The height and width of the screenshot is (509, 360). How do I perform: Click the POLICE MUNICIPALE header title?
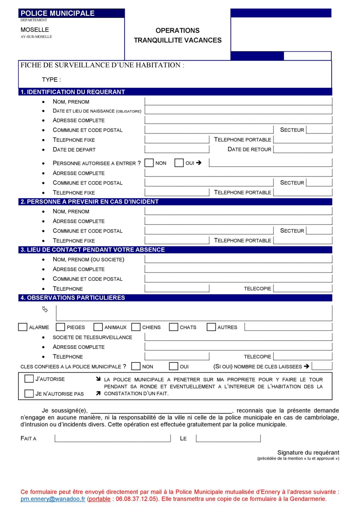[x=58, y=13]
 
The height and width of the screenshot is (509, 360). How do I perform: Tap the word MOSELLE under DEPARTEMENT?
[x=34, y=30]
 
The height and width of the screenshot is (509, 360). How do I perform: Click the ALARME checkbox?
[x=23, y=327]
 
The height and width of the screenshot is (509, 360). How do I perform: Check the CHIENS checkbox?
[x=136, y=327]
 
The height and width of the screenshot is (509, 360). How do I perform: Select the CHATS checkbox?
[x=174, y=327]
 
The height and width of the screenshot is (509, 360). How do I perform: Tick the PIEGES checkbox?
[x=60, y=327]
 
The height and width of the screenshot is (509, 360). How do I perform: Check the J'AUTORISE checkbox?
[x=29, y=379]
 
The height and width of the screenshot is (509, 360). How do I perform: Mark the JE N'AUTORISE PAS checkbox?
[x=29, y=393]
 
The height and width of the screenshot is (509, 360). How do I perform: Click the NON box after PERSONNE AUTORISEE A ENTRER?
[x=149, y=163]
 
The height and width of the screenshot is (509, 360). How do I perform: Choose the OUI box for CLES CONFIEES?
[x=174, y=366]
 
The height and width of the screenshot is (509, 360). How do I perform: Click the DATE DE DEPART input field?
[x=177, y=149]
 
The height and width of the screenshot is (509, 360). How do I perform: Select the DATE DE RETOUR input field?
[x=303, y=149]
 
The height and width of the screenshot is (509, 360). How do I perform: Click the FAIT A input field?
[x=112, y=438]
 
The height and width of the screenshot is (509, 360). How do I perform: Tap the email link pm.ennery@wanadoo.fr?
[x=53, y=499]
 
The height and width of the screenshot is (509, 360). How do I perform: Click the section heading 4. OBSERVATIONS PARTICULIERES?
[x=73, y=298]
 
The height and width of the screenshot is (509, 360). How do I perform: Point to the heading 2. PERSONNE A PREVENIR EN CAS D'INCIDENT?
[x=89, y=202]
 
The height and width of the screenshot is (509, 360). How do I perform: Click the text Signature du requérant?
[x=308, y=452]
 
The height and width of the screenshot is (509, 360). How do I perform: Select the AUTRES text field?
[x=288, y=327]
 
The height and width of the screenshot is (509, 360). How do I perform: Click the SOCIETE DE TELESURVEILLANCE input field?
[x=238, y=337]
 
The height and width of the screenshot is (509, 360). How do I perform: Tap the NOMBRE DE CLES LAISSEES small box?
[x=322, y=366]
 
